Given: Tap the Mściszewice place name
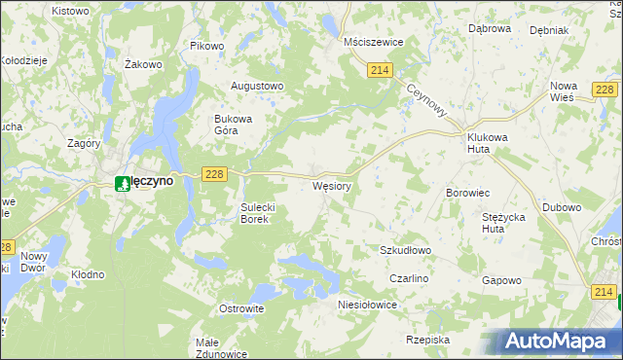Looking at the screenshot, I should click(x=374, y=43).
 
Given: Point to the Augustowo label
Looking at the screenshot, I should click(x=256, y=86).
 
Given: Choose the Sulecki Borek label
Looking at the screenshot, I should click(x=260, y=213).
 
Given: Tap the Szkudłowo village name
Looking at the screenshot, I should click(x=405, y=250).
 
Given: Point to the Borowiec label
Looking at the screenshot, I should click(x=467, y=194).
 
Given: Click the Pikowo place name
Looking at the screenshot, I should click(x=207, y=46).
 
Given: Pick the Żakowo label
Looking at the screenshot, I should click(x=143, y=64).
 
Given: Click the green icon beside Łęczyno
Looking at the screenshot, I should click(x=122, y=182).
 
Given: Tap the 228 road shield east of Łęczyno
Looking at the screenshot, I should click(x=215, y=173).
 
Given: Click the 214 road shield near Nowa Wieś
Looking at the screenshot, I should click(x=605, y=90).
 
